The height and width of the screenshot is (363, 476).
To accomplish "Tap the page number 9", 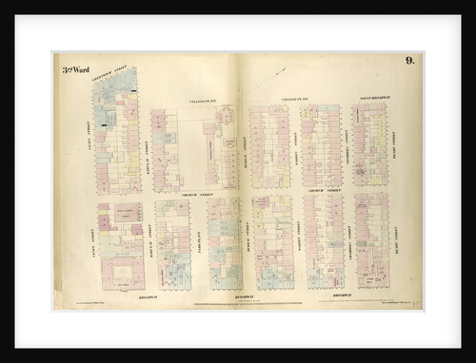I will pyautogui.click(x=408, y=61).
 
